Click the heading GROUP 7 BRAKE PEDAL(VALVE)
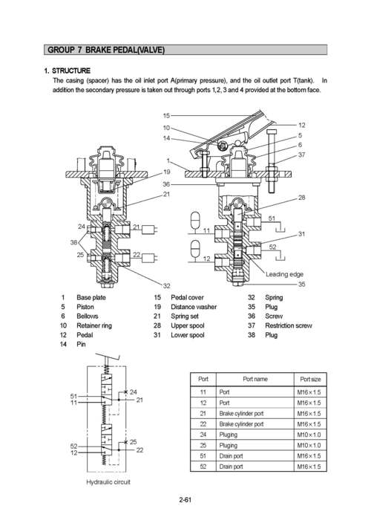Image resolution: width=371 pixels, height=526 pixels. point(105,50)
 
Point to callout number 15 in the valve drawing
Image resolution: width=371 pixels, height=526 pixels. point(166,116)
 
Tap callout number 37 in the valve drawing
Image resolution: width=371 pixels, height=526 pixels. point(302,155)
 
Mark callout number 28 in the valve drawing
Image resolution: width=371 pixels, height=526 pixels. point(302,198)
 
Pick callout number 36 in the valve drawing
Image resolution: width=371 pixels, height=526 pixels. point(166,184)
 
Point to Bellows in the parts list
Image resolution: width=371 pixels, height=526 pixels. point(88,316)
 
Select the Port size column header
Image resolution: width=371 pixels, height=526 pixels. point(309,379)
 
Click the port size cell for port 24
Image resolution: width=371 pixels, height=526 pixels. point(309,434)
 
